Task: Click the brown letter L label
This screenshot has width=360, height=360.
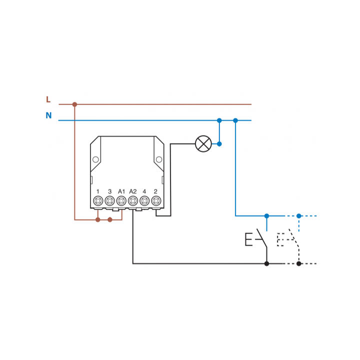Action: pyautogui.click(x=48, y=99)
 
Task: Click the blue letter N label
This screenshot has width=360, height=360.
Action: pyautogui.click(x=48, y=115)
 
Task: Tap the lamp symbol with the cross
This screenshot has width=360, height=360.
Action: pyautogui.click(x=203, y=143)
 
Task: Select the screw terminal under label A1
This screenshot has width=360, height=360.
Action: pyautogui.click(x=121, y=201)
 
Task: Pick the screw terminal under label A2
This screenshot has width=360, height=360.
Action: pyautogui.click(x=133, y=201)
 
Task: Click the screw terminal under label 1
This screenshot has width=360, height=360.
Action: pyautogui.click(x=98, y=201)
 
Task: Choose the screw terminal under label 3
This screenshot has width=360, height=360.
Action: pyautogui.click(x=109, y=201)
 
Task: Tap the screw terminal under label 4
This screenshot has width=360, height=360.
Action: pyautogui.click(x=144, y=201)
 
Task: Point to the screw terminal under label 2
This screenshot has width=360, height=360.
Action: pyautogui.click(x=156, y=201)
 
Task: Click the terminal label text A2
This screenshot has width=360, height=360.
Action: pyautogui.click(x=133, y=191)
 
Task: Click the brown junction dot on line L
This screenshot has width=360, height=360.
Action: pyautogui.click(x=74, y=104)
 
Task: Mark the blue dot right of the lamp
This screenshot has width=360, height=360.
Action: pyautogui.click(x=219, y=144)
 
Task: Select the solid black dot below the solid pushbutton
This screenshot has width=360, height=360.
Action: pyautogui.click(x=266, y=263)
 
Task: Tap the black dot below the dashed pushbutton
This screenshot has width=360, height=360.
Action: pyautogui.click(x=298, y=263)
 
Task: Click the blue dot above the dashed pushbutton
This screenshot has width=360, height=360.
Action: pyautogui.click(x=298, y=216)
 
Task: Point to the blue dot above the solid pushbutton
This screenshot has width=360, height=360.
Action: pyautogui.click(x=266, y=216)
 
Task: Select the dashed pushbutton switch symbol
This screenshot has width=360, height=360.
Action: pyautogui.click(x=294, y=239)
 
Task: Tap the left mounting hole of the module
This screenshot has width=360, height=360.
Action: pyautogui.click(x=95, y=159)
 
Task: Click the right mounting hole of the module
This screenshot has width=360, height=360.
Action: pyautogui.click(x=159, y=159)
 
